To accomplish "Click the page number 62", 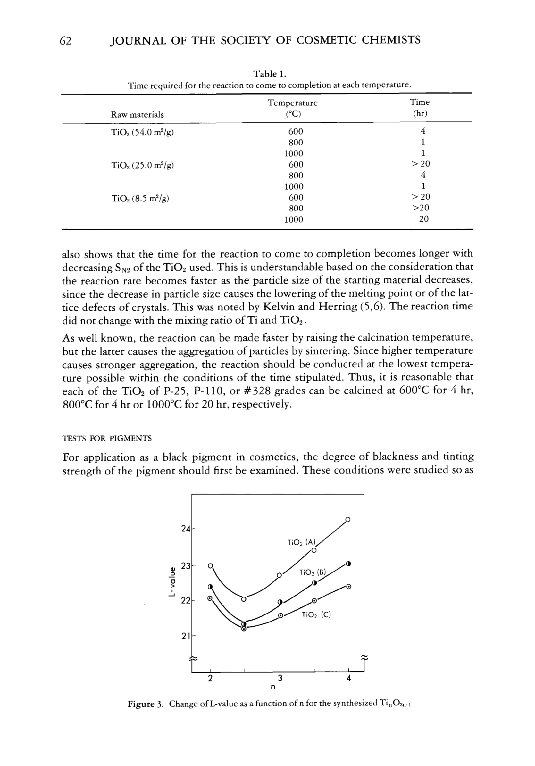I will tap(65, 41).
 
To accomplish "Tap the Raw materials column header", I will tap(137, 115).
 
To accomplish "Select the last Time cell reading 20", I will tap(423, 219).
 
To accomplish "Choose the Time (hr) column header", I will tap(420, 108).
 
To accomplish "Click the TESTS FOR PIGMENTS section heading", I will tap(107, 438).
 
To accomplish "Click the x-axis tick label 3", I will tap(280, 678).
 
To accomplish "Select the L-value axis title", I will tap(172, 582).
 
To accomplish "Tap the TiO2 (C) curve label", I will tap(316, 614).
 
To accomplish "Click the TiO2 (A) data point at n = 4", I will tap(348, 519).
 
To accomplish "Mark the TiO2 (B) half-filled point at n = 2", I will tap(210, 587).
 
